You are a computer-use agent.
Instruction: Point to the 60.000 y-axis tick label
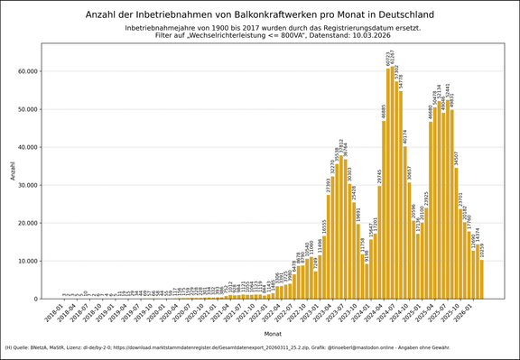(x=27, y=71)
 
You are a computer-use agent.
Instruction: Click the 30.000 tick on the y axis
(x=27, y=185)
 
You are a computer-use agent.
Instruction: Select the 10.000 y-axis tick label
(x=27, y=261)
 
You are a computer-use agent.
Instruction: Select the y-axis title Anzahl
(x=13, y=170)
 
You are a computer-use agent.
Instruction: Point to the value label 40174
(x=405, y=137)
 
